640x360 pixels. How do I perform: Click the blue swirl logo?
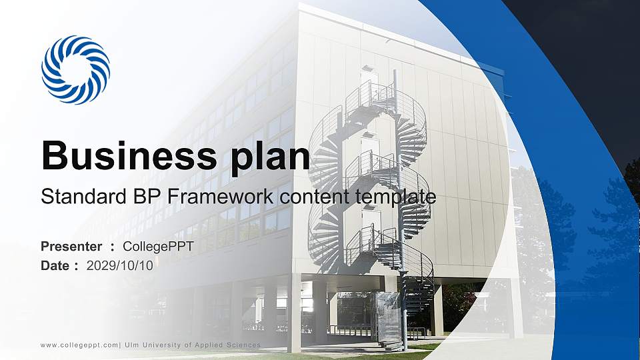click(x=75, y=70)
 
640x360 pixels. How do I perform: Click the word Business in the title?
click(x=124, y=156)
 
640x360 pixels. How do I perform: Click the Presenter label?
click(x=71, y=247)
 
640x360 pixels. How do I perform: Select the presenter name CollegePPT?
click(x=159, y=247)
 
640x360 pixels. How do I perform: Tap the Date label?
click(x=55, y=265)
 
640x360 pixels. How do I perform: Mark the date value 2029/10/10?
click(x=120, y=265)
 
